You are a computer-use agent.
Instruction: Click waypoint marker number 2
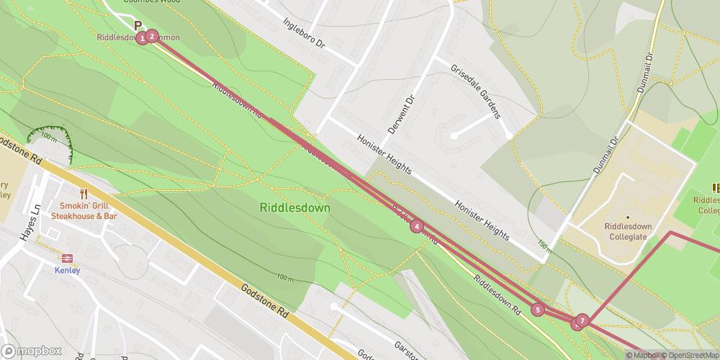click(x=152, y=36)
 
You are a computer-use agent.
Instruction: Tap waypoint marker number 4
click(x=416, y=226)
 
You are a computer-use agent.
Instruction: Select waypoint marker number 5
click(x=537, y=310)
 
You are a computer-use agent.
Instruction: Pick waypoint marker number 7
click(x=582, y=320)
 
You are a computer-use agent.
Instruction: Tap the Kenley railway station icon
click(x=67, y=257)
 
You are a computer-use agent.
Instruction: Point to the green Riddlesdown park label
click(x=294, y=207)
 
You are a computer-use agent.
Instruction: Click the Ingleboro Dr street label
click(x=304, y=34)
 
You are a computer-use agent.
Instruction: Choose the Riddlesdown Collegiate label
click(x=627, y=230)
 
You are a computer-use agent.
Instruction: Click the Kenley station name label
click(x=67, y=271)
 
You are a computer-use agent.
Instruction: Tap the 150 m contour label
click(x=545, y=246)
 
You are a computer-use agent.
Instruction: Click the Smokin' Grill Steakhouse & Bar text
click(x=88, y=210)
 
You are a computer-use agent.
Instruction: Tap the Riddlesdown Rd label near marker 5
click(x=497, y=296)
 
